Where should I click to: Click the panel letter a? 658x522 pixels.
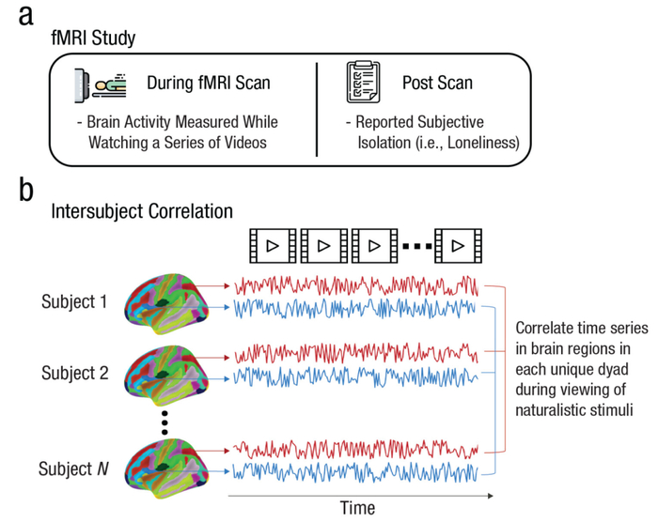[x=26, y=17]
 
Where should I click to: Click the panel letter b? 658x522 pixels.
[x=26, y=190]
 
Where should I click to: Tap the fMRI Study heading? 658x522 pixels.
[x=93, y=38]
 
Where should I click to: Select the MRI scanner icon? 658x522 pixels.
[x=100, y=86]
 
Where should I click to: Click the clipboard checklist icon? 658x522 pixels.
[x=364, y=83]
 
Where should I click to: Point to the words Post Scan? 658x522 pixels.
[x=437, y=83]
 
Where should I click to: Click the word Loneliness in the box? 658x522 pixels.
[x=482, y=143]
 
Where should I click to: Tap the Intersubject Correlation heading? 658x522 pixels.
[x=142, y=211]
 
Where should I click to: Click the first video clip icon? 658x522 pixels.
[x=273, y=246]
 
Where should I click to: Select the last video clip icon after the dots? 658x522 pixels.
[x=459, y=246]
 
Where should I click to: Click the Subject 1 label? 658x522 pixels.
[x=74, y=301]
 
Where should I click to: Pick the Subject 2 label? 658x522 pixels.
[x=74, y=373]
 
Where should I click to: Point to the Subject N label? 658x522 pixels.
[x=73, y=468]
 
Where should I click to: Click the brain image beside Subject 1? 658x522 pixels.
[x=166, y=304]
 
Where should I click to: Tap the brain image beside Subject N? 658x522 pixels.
[x=166, y=468]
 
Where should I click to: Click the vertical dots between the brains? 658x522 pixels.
[x=164, y=422]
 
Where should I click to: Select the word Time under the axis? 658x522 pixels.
[x=357, y=508]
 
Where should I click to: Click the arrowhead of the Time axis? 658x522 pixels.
[x=490, y=496]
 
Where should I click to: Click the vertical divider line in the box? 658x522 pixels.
[x=317, y=110]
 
